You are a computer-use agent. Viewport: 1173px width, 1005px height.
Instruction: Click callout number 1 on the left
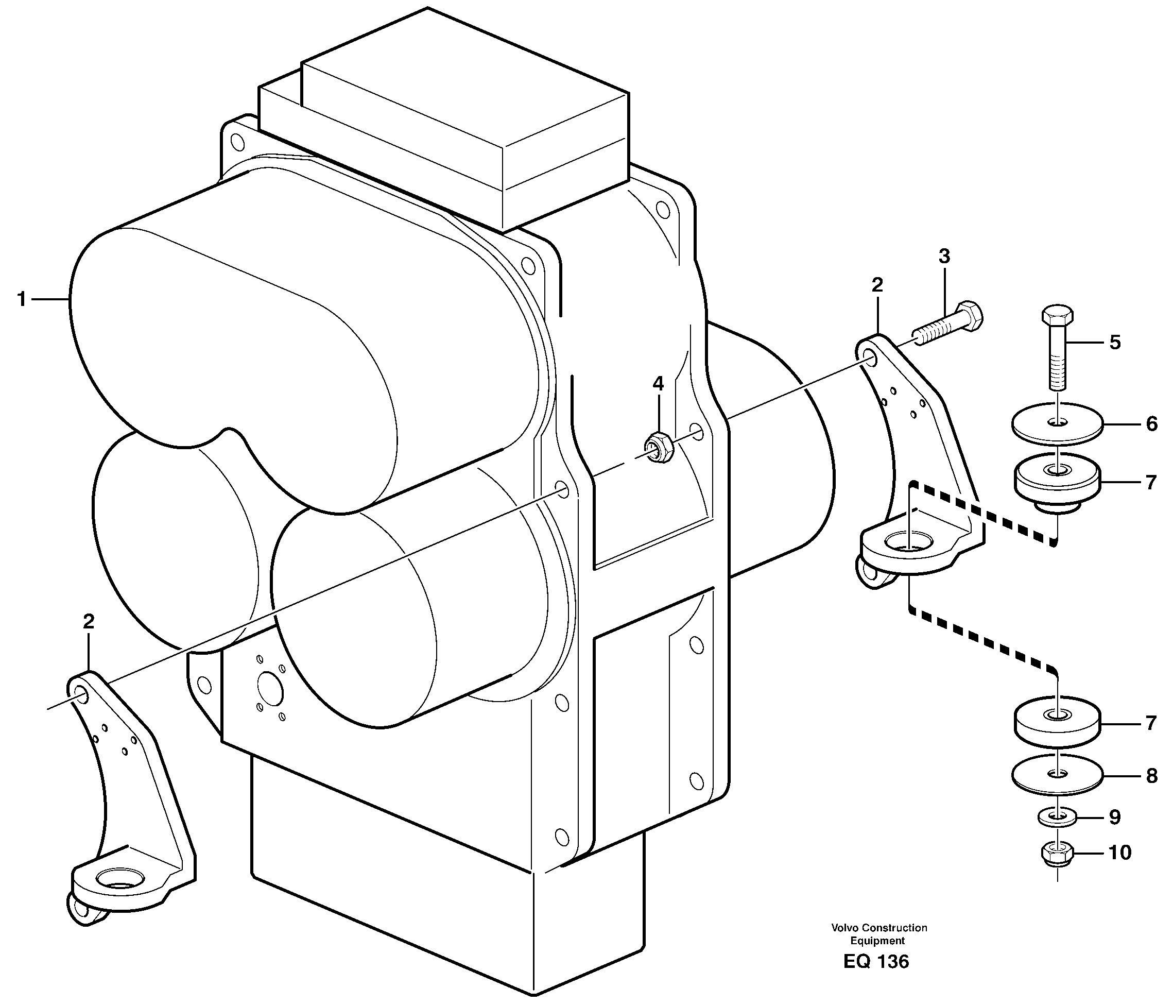click(x=22, y=299)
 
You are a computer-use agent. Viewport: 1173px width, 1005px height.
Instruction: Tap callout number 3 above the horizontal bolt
click(x=944, y=257)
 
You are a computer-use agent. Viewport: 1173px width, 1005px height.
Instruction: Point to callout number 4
click(x=658, y=384)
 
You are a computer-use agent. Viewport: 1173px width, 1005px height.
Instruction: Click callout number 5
click(x=1115, y=342)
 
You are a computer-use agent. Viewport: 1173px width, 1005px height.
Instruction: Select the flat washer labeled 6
click(x=1057, y=423)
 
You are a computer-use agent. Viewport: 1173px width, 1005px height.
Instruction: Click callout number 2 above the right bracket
click(x=877, y=285)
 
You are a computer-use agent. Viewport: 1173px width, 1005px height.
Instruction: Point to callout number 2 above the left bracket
click(x=89, y=622)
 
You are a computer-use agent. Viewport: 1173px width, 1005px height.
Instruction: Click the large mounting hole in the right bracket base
click(x=907, y=541)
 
